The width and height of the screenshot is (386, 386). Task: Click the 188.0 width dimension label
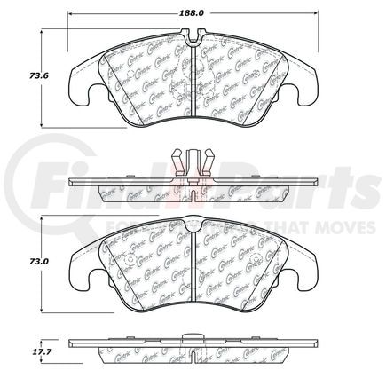193,14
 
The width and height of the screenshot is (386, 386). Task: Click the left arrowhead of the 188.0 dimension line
72,14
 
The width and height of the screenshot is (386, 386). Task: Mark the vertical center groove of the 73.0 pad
193,266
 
